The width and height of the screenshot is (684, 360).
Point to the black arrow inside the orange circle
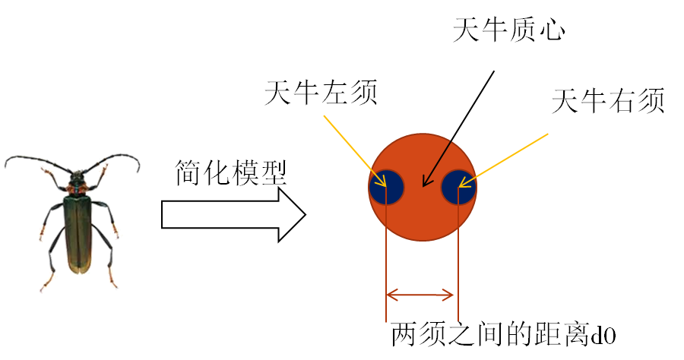tap(438, 163)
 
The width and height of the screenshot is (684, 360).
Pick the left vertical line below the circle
tap(386, 258)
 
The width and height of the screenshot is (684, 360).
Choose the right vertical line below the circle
tap(458, 258)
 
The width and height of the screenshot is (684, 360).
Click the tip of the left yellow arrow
tap(386, 186)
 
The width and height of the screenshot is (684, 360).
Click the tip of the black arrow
tap(423, 186)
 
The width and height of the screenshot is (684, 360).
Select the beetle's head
tap(78, 176)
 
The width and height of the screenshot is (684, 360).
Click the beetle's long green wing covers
tap(78, 232)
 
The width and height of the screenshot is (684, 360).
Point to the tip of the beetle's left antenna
tap(5, 165)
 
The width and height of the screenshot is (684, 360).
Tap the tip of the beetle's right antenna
tap(138, 172)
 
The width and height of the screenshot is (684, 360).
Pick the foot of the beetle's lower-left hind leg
tap(42, 289)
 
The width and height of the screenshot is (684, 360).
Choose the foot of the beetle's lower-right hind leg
tap(116, 287)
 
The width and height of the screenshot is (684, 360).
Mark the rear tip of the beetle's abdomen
tap(79, 272)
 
